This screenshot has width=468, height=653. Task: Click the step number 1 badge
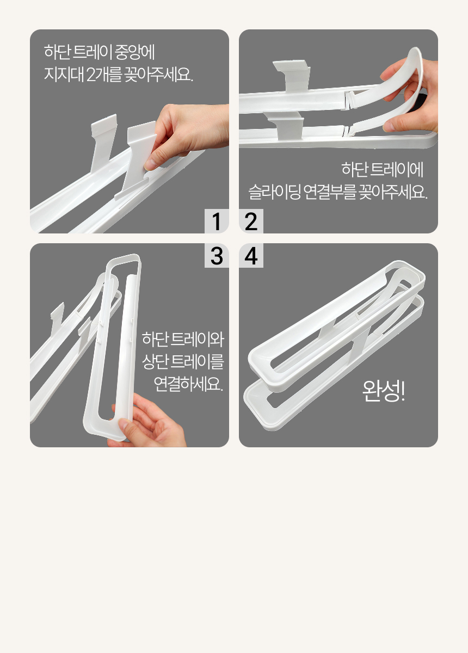coord(217,221)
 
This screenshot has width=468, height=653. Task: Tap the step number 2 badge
coord(251,221)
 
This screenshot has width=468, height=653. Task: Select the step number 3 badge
coord(217,256)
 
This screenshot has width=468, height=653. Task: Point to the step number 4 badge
coord(251,256)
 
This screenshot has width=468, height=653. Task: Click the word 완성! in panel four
coord(384,391)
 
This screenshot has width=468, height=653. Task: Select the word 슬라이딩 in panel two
coord(274,192)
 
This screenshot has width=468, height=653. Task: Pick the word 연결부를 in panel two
coord(330,192)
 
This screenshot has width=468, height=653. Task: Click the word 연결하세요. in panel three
coord(188,384)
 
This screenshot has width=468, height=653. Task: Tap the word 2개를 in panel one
coord(104,75)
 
